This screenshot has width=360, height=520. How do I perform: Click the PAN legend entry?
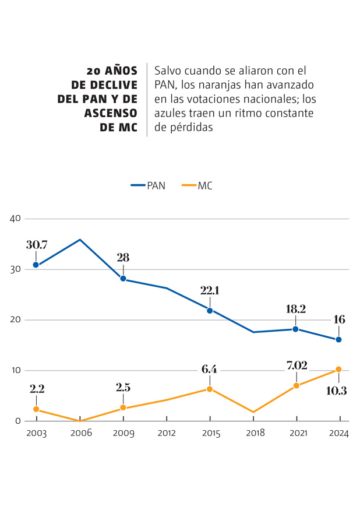pos(148,186)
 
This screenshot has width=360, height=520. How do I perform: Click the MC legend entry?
pos(197,186)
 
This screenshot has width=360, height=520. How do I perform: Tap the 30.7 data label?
pos(36,245)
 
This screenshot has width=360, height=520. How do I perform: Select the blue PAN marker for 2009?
pos(123,279)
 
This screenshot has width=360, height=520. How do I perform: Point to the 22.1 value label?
pos(209,291)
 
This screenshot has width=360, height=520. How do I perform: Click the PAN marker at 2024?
pos(338,339)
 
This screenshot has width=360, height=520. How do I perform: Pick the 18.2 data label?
pos(295,310)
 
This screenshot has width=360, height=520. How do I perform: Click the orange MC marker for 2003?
pos(36,409)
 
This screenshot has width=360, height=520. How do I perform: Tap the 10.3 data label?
pos(336,391)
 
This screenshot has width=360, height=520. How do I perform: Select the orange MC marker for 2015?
pos(209,389)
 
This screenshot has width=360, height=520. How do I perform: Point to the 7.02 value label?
pos(295,366)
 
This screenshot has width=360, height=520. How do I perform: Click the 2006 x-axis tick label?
pos(80,433)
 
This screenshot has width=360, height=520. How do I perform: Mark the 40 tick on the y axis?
pos(15,219)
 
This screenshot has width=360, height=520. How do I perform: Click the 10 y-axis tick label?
pos(15,370)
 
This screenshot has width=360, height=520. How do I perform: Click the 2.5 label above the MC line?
pos(123,388)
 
